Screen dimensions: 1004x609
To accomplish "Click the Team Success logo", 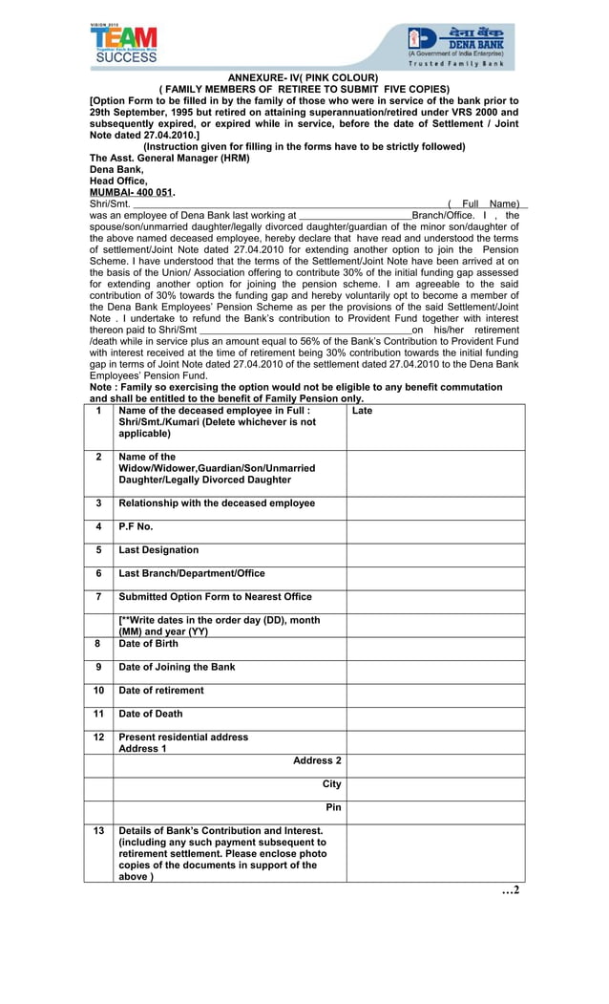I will click(x=124, y=43).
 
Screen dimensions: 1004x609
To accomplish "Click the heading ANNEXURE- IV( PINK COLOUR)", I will click(x=303, y=77).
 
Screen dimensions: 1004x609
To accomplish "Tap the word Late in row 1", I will click(x=362, y=411).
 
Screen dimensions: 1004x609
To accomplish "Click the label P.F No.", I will click(x=136, y=526).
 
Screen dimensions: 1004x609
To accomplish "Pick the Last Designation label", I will click(x=158, y=550).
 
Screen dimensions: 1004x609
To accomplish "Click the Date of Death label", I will click(x=151, y=714).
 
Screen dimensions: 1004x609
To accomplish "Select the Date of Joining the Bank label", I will click(x=177, y=667).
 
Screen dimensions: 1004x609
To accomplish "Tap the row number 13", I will click(x=98, y=831).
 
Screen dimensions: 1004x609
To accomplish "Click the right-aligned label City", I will click(x=331, y=784).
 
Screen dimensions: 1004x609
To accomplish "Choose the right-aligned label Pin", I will click(x=333, y=807).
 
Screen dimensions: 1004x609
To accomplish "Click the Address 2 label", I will click(x=317, y=760).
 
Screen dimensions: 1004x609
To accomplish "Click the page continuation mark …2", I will click(x=511, y=890).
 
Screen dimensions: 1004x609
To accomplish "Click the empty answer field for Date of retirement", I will click(x=434, y=691).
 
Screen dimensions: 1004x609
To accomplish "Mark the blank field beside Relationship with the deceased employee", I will click(x=434, y=503).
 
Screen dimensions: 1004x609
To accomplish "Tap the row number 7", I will click(x=98, y=597).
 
